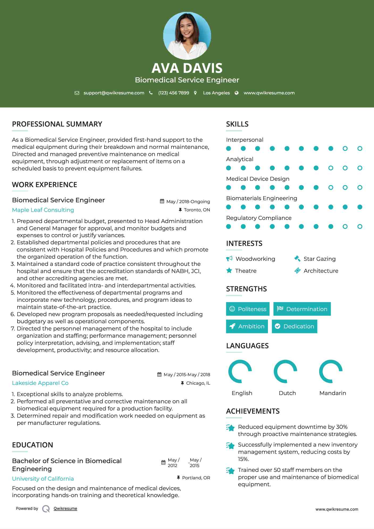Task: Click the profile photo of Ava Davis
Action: (187, 36)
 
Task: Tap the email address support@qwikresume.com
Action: (114, 93)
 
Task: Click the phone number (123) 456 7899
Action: (174, 93)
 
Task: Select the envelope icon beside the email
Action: (77, 93)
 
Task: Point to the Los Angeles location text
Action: (216, 93)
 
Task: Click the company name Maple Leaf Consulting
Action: (43, 210)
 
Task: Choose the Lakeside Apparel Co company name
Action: (40, 383)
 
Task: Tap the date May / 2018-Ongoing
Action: (188, 201)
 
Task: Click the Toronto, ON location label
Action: (197, 210)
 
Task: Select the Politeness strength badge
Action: (248, 309)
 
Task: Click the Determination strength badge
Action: (302, 309)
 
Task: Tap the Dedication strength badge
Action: (295, 326)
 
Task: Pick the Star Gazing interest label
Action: (320, 259)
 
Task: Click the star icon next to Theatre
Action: (229, 271)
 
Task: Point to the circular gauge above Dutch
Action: (286, 371)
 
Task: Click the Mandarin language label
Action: (333, 393)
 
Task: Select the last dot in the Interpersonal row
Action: (360, 149)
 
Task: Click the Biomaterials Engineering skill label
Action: (262, 198)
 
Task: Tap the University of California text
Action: (43, 479)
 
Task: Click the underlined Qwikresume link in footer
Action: (65, 509)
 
